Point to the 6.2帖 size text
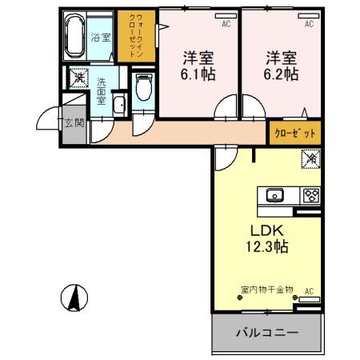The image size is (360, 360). [x=282, y=74]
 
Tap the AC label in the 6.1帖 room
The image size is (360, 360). [x=226, y=25]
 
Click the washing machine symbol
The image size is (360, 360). [x=78, y=78]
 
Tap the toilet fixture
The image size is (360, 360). [x=144, y=87]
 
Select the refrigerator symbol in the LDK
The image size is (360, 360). [x=310, y=161]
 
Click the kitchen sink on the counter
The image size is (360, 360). [x=274, y=194]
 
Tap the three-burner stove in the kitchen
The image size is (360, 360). [x=310, y=194]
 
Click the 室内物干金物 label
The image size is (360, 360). [x=266, y=290]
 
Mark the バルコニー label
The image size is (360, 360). [x=267, y=332]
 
